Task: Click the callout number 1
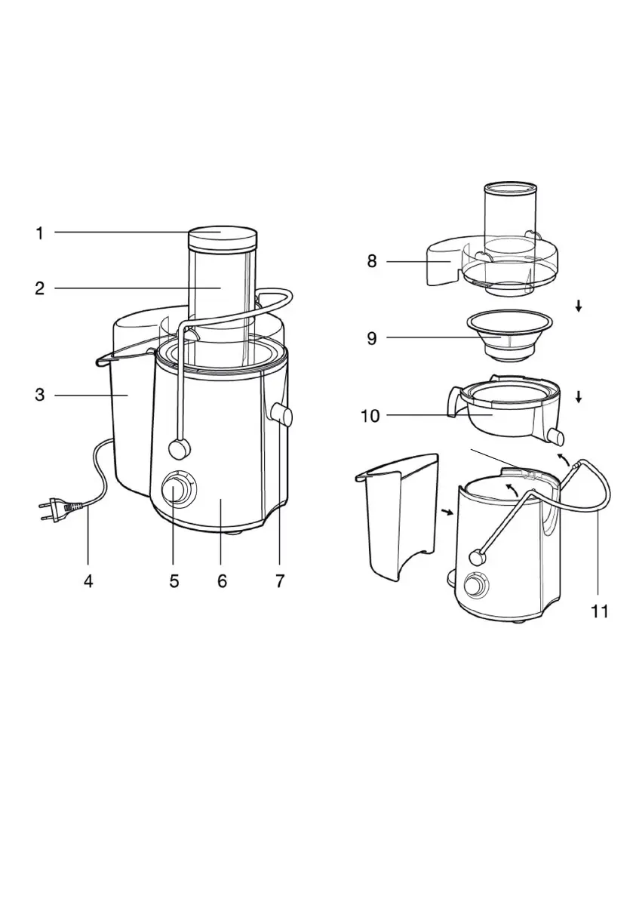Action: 39,233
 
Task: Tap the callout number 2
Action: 39,288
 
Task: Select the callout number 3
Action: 39,395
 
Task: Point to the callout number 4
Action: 88,581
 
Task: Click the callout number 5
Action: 174,581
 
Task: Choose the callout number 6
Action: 223,581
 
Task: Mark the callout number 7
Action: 280,581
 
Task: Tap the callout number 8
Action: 372,261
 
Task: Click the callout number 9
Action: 372,338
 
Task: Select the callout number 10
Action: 370,416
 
